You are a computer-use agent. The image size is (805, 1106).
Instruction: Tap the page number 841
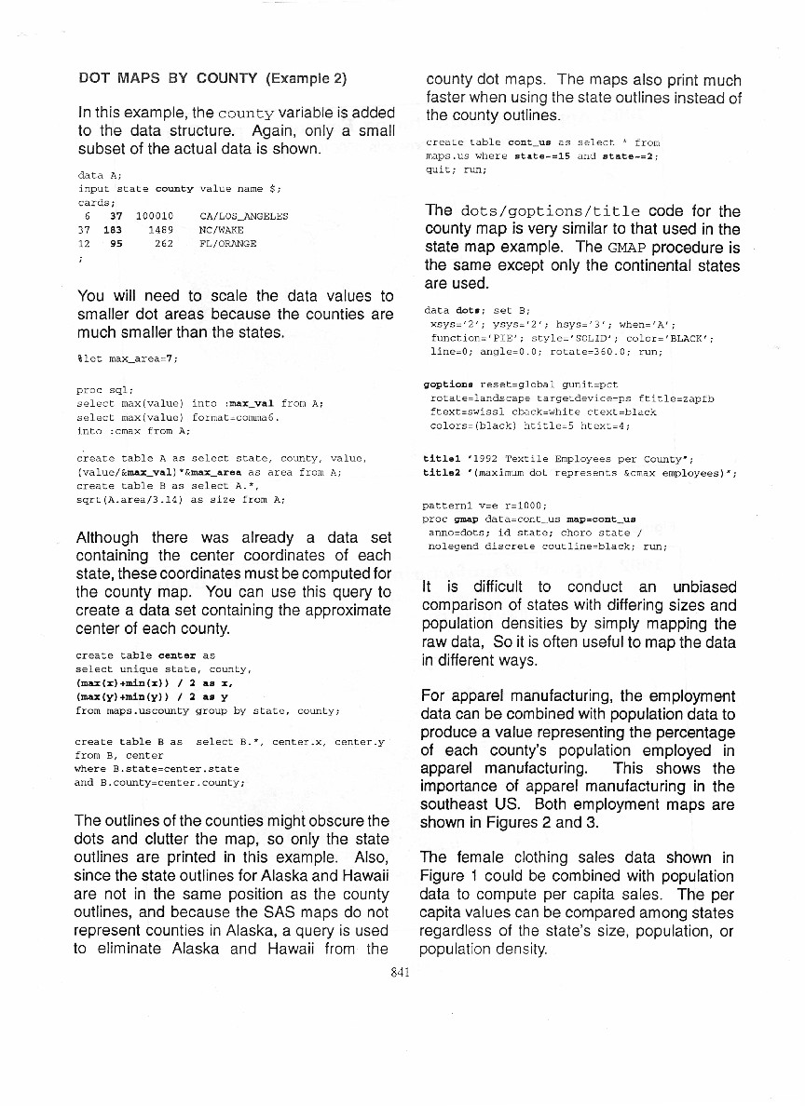coord(402,969)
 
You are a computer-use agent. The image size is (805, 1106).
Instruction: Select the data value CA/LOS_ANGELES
coord(244,216)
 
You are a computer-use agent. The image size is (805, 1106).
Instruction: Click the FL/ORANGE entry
coord(228,244)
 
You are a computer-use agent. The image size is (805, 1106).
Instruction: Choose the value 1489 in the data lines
coord(161,230)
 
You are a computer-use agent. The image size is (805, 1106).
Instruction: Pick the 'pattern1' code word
coord(443,506)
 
